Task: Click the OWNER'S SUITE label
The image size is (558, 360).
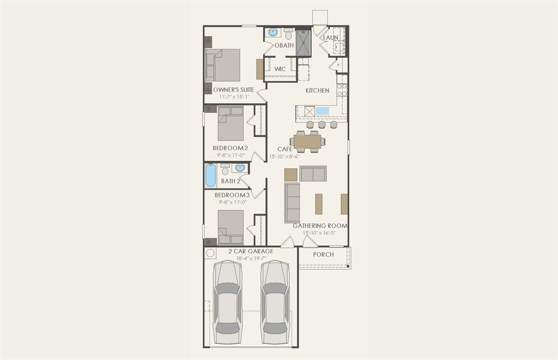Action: pyautogui.click(x=233, y=89)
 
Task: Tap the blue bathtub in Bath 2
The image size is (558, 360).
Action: pyautogui.click(x=210, y=175)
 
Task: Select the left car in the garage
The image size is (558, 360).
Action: pyautogui.click(x=227, y=302)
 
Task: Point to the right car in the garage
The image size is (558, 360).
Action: pyautogui.click(x=275, y=302)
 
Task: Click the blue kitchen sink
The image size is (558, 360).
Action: pyautogui.click(x=322, y=111)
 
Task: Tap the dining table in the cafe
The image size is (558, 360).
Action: pyautogui.click(x=308, y=141)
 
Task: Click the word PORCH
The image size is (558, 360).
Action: pyautogui.click(x=323, y=254)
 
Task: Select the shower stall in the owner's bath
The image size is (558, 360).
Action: pyautogui.click(x=302, y=42)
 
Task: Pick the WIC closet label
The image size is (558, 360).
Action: pyautogui.click(x=280, y=69)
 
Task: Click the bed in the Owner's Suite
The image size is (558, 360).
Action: pyautogui.click(x=223, y=65)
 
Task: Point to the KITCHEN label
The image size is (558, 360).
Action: pyautogui.click(x=317, y=90)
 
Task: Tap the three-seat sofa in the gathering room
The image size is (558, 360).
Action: pyautogui.click(x=292, y=203)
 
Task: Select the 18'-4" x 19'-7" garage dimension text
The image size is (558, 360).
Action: pyautogui.click(x=251, y=258)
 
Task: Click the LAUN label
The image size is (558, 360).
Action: pyautogui.click(x=330, y=38)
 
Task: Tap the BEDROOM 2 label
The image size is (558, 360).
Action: pyautogui.click(x=230, y=148)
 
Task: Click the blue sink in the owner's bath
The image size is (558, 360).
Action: pyautogui.click(x=272, y=32)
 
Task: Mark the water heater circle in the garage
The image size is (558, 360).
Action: pyautogui.click(x=210, y=254)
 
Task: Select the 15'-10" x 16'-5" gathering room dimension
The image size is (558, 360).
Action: pyautogui.click(x=319, y=233)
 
